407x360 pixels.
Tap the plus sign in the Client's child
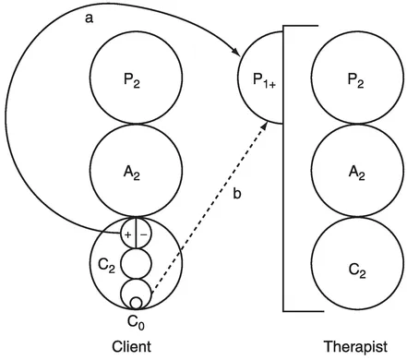128,234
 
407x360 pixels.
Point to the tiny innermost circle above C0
136,302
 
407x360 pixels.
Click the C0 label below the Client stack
136,321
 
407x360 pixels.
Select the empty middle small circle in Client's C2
136,264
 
